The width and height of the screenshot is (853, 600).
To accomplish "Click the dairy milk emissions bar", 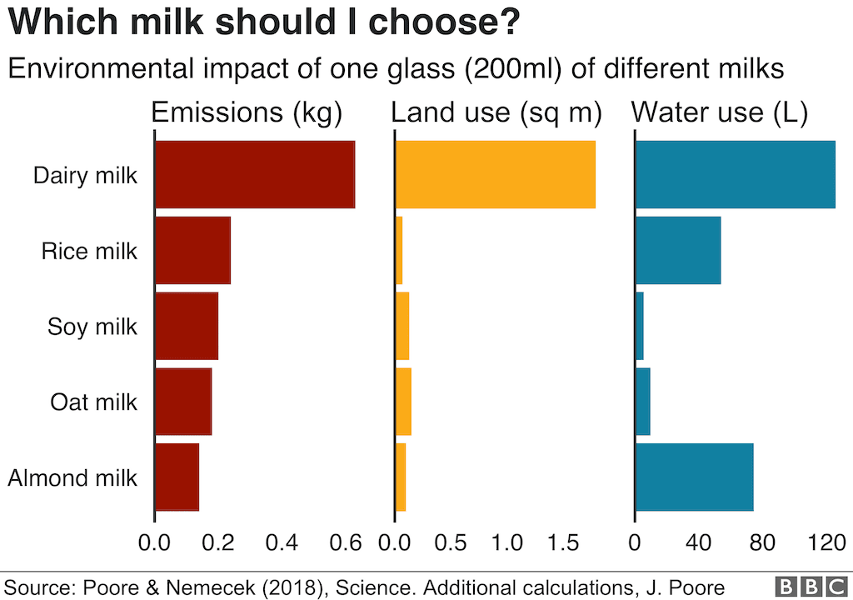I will [x=255, y=174].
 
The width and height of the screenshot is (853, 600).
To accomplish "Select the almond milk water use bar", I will [x=694, y=477].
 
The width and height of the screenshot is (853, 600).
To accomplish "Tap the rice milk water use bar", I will [x=677, y=250].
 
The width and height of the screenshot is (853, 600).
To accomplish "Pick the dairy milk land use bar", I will [x=495, y=174].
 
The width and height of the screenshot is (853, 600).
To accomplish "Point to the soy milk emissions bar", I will [x=187, y=326].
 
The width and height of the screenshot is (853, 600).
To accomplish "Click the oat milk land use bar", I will [x=403, y=402].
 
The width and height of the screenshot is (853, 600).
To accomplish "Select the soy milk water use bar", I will [x=640, y=326].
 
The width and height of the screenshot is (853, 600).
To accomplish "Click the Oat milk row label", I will [x=93, y=402].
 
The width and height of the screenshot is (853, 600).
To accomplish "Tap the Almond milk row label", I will [x=72, y=478].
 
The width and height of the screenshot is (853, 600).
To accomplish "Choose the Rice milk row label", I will [x=89, y=251].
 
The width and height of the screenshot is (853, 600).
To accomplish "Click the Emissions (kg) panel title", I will [x=247, y=113].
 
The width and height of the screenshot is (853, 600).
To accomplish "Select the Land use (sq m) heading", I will [x=496, y=113].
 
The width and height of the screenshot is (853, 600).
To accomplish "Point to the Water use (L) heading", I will [x=721, y=113].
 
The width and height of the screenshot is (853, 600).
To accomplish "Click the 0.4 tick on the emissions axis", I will [x=282, y=544].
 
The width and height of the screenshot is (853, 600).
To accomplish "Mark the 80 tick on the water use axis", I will [x=762, y=544].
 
